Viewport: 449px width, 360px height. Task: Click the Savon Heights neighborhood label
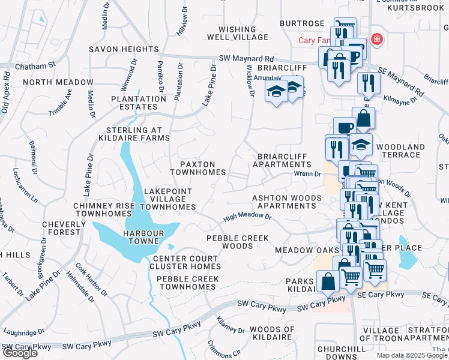pyautogui.click(x=124, y=49)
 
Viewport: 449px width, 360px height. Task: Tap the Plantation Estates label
pyautogui.click(x=137, y=103)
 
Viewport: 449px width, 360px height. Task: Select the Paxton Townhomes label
pyautogui.click(x=197, y=168)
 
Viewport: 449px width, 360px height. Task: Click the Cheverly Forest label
pyautogui.click(x=61, y=228)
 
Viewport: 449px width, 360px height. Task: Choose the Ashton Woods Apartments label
pyautogui.click(x=284, y=202)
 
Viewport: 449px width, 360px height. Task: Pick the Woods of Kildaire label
pyautogui.click(x=272, y=334)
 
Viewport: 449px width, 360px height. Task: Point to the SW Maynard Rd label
pyautogui.click(x=246, y=59)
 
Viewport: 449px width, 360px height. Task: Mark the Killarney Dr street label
pyautogui.click(x=230, y=325)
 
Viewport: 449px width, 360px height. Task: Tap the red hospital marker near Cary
pyautogui.click(x=376, y=39)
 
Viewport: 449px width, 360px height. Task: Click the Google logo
pyautogui.click(x=20, y=353)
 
